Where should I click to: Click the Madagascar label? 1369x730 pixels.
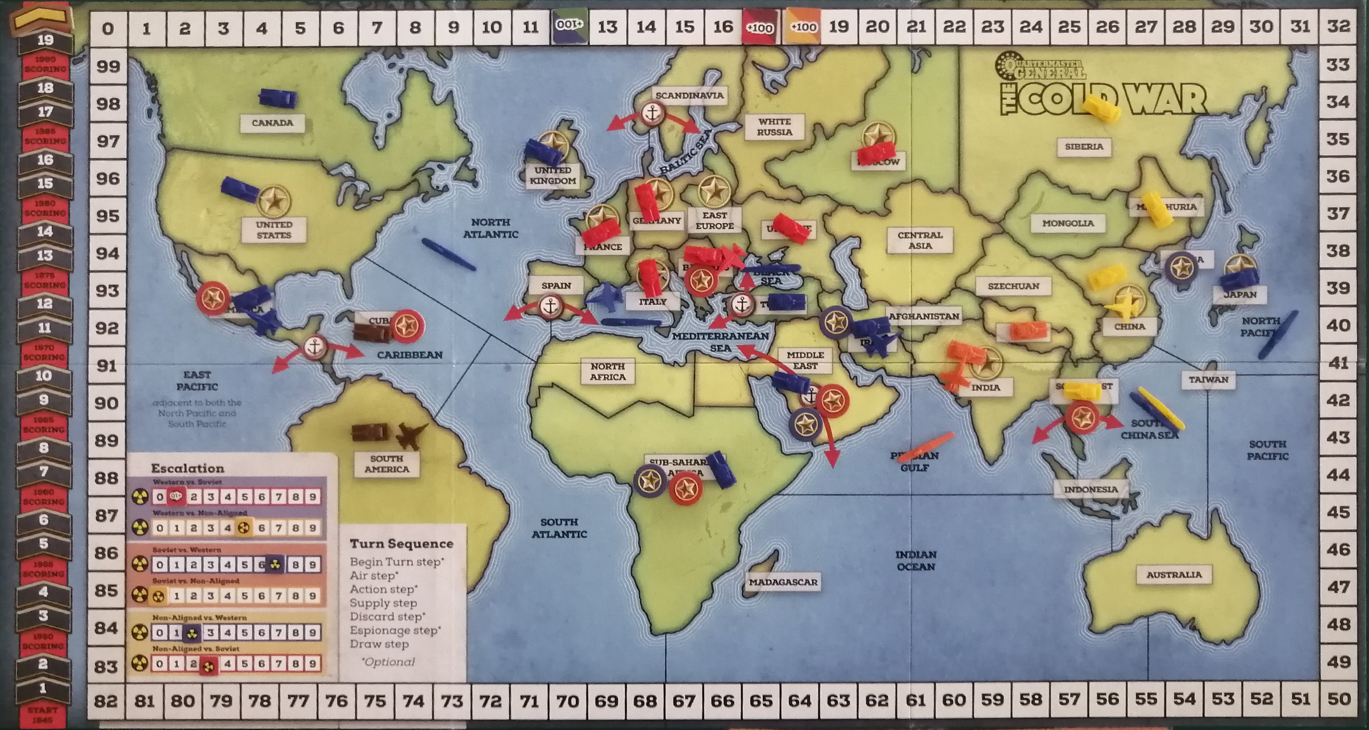783,582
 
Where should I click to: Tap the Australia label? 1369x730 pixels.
1174,574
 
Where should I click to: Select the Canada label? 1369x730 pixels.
272,123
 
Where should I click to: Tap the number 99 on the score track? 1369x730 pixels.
108,66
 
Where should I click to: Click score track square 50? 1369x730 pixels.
1338,699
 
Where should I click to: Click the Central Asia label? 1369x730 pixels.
920,240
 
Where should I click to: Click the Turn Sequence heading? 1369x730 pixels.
401,544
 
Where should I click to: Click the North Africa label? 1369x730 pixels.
608,371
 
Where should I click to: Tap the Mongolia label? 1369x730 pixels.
1068,223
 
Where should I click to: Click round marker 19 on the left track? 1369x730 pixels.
45,40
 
